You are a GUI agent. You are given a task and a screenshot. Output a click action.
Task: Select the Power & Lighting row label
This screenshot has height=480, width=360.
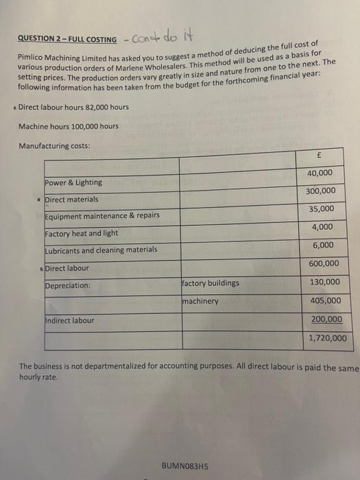tap(73, 182)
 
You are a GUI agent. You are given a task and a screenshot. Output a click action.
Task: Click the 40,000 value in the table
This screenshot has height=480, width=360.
tap(320, 173)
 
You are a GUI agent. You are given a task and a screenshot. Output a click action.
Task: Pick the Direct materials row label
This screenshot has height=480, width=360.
tap(71, 200)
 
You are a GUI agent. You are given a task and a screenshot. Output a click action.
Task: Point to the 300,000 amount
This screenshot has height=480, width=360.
tap(320, 191)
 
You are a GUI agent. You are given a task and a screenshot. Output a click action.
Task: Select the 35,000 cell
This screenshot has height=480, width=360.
tap(321, 208)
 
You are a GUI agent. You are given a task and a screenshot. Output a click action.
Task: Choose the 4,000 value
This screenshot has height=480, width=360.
tap(322, 227)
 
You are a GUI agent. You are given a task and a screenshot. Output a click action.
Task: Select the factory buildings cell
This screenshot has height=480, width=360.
tap(211, 283)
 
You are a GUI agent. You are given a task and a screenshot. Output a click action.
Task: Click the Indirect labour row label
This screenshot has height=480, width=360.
tap(69, 320)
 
